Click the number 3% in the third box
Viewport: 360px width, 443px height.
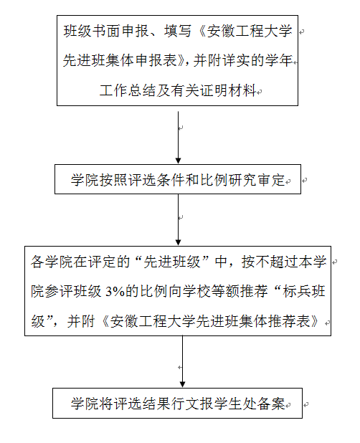115,291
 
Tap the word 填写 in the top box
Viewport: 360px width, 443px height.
178,31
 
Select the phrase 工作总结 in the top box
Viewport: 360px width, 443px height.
127,91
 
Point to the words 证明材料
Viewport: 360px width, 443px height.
228,91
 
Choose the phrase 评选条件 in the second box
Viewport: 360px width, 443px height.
156,180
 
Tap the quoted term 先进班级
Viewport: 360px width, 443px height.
172,262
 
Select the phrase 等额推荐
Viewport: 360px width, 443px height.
240,291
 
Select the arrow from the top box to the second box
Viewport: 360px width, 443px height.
178,138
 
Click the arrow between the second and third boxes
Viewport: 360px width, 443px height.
178,220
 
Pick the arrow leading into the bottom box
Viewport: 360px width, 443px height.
183,361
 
